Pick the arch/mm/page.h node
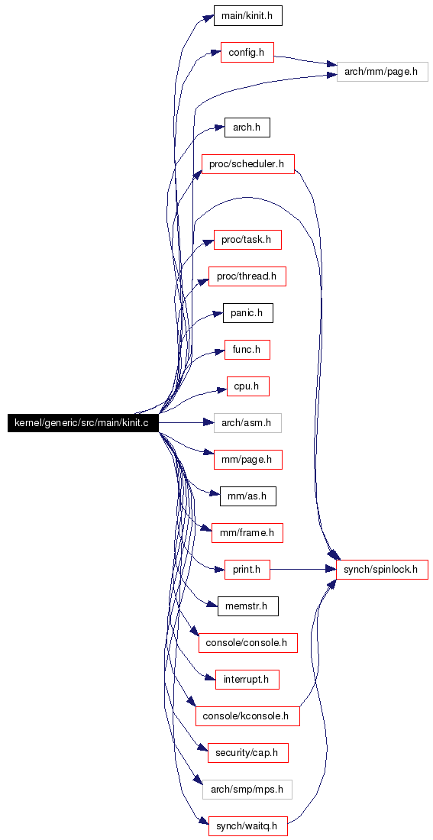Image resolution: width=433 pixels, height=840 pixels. tap(382, 72)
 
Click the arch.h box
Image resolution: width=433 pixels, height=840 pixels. tap(247, 128)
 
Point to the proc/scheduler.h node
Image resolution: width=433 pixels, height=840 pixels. tap(247, 163)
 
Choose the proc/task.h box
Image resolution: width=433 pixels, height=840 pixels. tap(247, 239)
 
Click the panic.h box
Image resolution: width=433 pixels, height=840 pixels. tap(247, 312)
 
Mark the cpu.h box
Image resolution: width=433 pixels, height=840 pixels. tap(247, 386)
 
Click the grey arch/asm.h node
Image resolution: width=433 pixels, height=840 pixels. tap(247, 423)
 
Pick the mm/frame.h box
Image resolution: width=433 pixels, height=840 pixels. tap(247, 533)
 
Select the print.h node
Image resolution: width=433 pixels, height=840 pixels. tap(247, 570)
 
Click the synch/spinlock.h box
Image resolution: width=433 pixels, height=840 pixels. tap(382, 570)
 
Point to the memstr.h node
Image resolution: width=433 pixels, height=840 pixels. tap(247, 607)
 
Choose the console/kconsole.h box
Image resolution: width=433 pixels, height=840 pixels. tap(247, 716)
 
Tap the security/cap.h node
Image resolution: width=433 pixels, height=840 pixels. tap(247, 752)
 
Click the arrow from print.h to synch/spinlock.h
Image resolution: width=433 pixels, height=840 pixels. tap(302, 570)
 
